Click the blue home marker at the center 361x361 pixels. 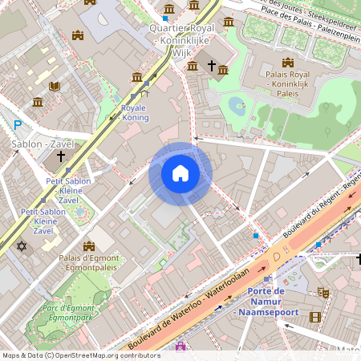click(x=180, y=173)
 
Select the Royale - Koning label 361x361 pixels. click(x=135, y=112)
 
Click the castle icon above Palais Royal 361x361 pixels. click(x=287, y=63)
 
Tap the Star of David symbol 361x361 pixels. click(x=22, y=245)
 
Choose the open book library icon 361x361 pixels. click(x=55, y=86)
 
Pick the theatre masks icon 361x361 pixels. click(x=323, y=294)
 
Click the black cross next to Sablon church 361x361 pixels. click(x=61, y=158)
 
